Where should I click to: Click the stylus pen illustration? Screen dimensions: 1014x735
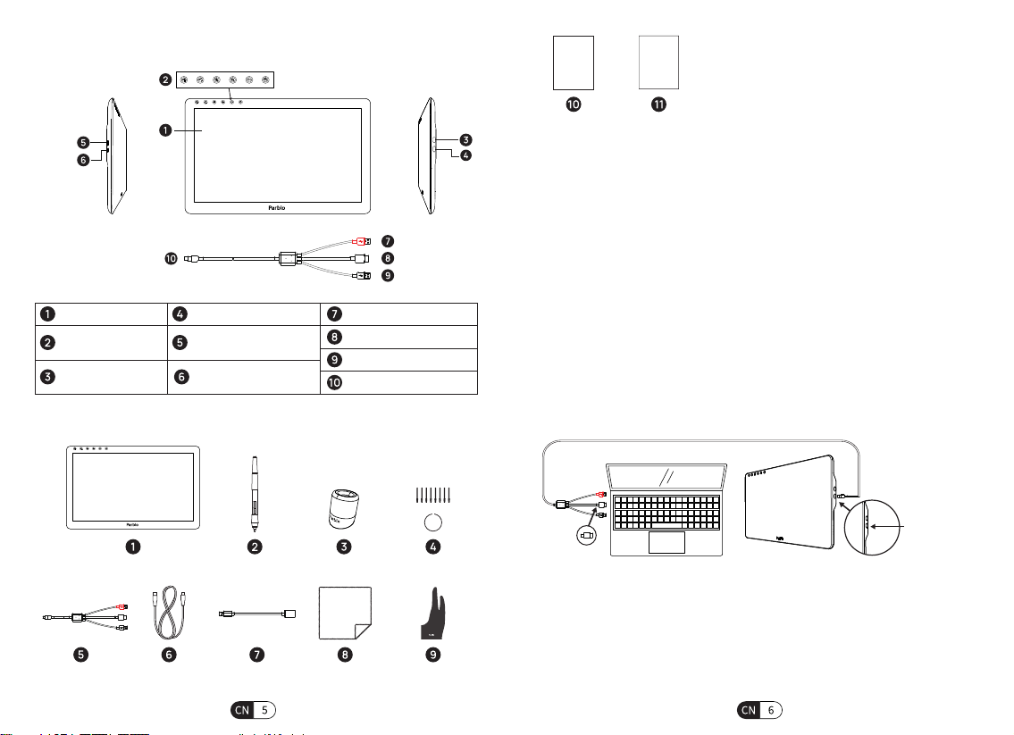256,494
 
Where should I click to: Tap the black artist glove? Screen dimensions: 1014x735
432,614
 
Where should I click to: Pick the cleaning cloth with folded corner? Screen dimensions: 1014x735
346,613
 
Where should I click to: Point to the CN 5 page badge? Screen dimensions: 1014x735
253,710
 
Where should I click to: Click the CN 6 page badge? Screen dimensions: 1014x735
759,710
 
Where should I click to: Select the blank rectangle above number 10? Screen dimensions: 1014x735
573,63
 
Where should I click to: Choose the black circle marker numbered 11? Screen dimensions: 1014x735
658,104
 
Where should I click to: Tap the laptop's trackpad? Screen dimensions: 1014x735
666,542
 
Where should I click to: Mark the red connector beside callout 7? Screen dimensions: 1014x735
360,241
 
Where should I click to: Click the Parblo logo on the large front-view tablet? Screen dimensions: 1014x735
276,207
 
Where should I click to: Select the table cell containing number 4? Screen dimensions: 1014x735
244,314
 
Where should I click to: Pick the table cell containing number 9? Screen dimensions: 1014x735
399,360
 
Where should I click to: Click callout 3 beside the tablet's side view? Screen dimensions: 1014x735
465,139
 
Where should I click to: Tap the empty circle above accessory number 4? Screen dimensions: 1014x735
432,522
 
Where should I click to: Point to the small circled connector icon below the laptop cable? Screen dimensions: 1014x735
586,535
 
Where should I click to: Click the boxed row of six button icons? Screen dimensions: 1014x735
224,79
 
